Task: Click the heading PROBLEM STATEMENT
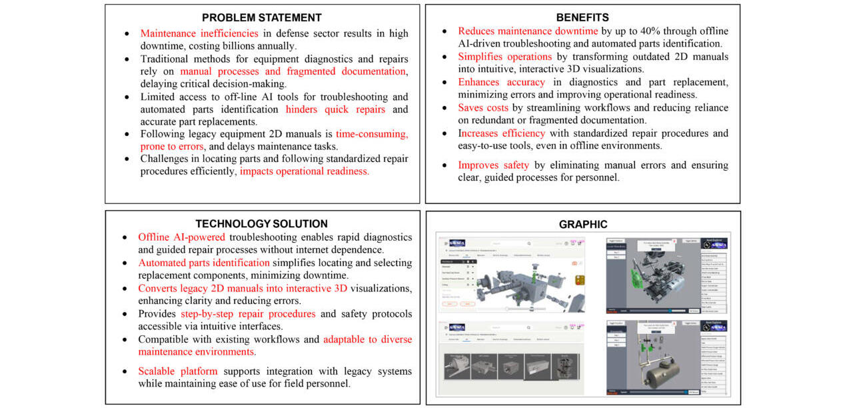click(262, 18)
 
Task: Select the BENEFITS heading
click(582, 18)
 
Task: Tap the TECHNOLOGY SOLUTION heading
click(261, 224)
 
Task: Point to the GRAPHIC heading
click(582, 225)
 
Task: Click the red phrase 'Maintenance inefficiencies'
click(199, 33)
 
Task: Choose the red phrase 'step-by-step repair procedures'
click(248, 314)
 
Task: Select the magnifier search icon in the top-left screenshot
click(528, 244)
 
